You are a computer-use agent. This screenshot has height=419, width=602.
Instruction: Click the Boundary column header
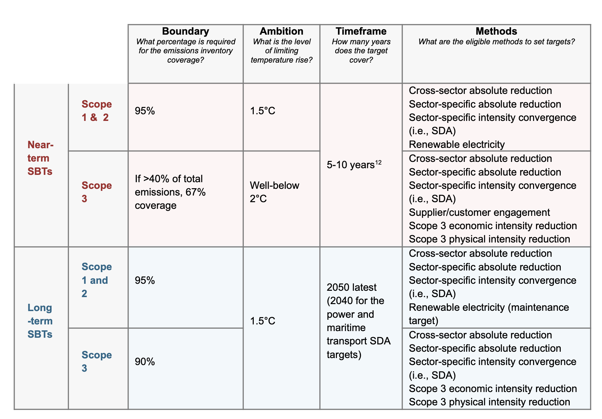pos(185,31)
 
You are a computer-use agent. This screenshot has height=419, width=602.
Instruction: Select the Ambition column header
pos(281,31)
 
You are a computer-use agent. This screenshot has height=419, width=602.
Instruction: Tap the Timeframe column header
pos(361,31)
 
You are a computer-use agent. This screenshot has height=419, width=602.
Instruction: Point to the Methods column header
pos(496,31)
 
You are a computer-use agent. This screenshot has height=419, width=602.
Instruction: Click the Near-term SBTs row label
pos(40,158)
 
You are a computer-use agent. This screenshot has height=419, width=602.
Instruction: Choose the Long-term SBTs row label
pos(40,321)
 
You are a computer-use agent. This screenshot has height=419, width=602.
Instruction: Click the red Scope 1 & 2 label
pos(97,111)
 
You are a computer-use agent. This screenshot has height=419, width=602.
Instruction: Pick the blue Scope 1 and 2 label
pos(95,280)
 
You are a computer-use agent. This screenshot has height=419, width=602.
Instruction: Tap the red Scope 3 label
pos(97,192)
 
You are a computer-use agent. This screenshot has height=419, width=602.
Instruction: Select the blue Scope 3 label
pos(97,361)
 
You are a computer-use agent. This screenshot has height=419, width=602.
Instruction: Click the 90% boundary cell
pos(145,362)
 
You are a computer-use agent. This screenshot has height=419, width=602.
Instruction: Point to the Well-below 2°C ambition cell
pos(274,192)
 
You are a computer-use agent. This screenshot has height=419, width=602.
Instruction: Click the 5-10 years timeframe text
pos(351,165)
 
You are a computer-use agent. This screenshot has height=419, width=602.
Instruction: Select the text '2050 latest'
pos(352,287)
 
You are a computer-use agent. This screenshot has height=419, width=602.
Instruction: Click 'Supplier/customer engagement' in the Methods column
pos(479,212)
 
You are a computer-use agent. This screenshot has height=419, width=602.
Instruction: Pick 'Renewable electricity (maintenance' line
pos(489,307)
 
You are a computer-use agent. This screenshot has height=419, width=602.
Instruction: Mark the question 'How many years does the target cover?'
pos(361,51)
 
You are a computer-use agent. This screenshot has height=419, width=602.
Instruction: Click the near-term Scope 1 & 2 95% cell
pos(145,111)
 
